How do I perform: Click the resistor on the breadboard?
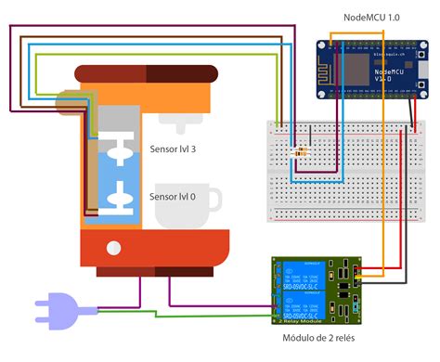[300, 150]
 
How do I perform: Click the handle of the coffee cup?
[214, 200]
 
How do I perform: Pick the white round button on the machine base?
[113, 247]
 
